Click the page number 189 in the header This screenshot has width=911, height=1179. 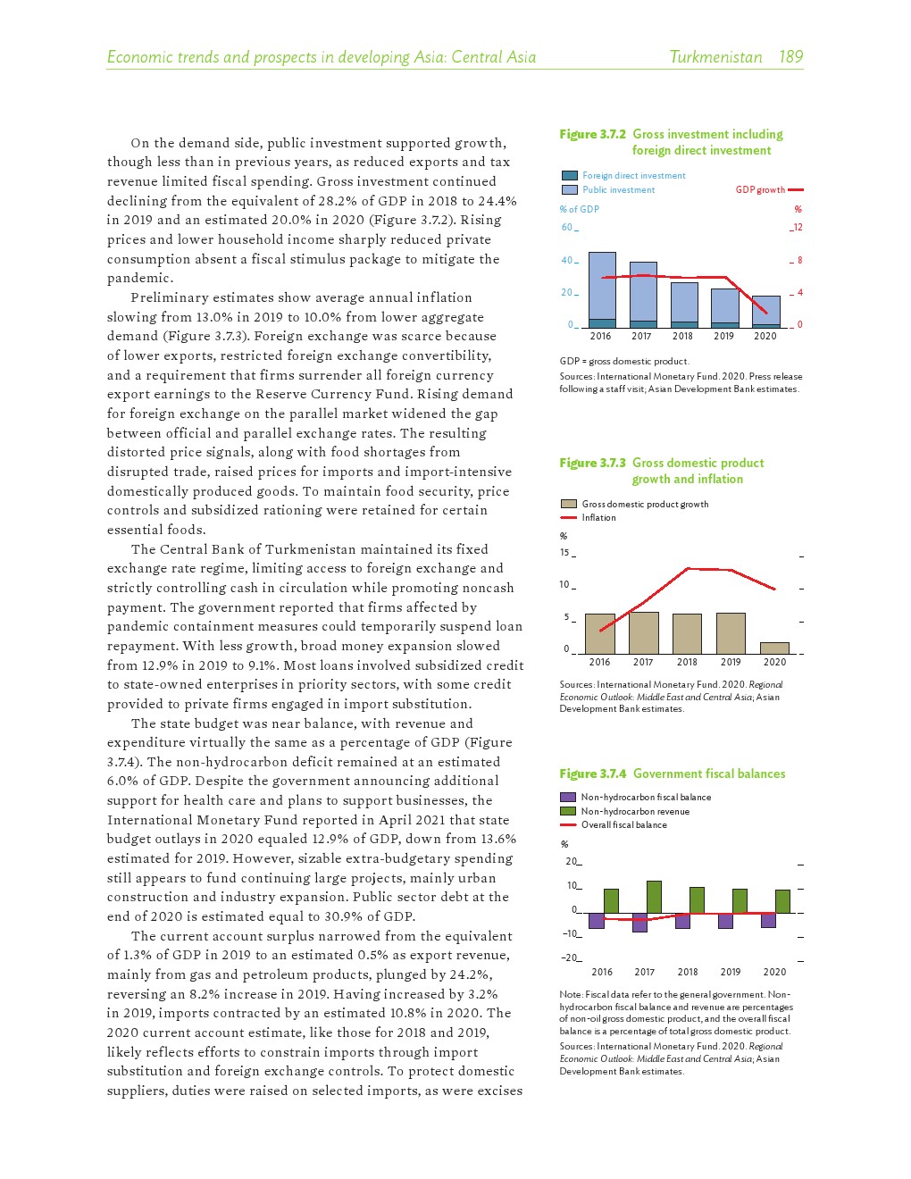[x=790, y=57]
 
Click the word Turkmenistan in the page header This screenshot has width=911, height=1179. [x=715, y=57]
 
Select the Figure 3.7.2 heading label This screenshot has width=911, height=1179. [x=592, y=134]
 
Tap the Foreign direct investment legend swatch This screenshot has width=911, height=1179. [x=569, y=176]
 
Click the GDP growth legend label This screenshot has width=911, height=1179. [x=760, y=189]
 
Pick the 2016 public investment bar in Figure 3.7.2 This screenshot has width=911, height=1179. [x=602, y=284]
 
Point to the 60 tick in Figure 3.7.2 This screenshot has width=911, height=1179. [x=566, y=227]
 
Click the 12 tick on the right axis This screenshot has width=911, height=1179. [x=798, y=227]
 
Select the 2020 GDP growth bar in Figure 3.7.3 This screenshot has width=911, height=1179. [x=774, y=648]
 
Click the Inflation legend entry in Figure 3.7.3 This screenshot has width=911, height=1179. [x=598, y=518]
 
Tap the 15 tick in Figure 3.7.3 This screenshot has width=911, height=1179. [x=564, y=552]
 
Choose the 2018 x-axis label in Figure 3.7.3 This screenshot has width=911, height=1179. [x=687, y=662]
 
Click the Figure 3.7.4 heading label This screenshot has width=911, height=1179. [x=592, y=773]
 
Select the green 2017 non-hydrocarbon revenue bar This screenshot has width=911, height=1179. [x=654, y=897]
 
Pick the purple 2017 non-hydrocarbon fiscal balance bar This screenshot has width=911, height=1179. [x=639, y=923]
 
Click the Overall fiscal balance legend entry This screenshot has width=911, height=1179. [x=623, y=825]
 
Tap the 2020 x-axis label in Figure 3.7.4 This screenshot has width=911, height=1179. [x=774, y=972]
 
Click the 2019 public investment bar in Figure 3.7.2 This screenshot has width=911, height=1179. [x=724, y=305]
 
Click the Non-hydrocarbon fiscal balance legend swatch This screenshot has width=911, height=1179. [x=568, y=797]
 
